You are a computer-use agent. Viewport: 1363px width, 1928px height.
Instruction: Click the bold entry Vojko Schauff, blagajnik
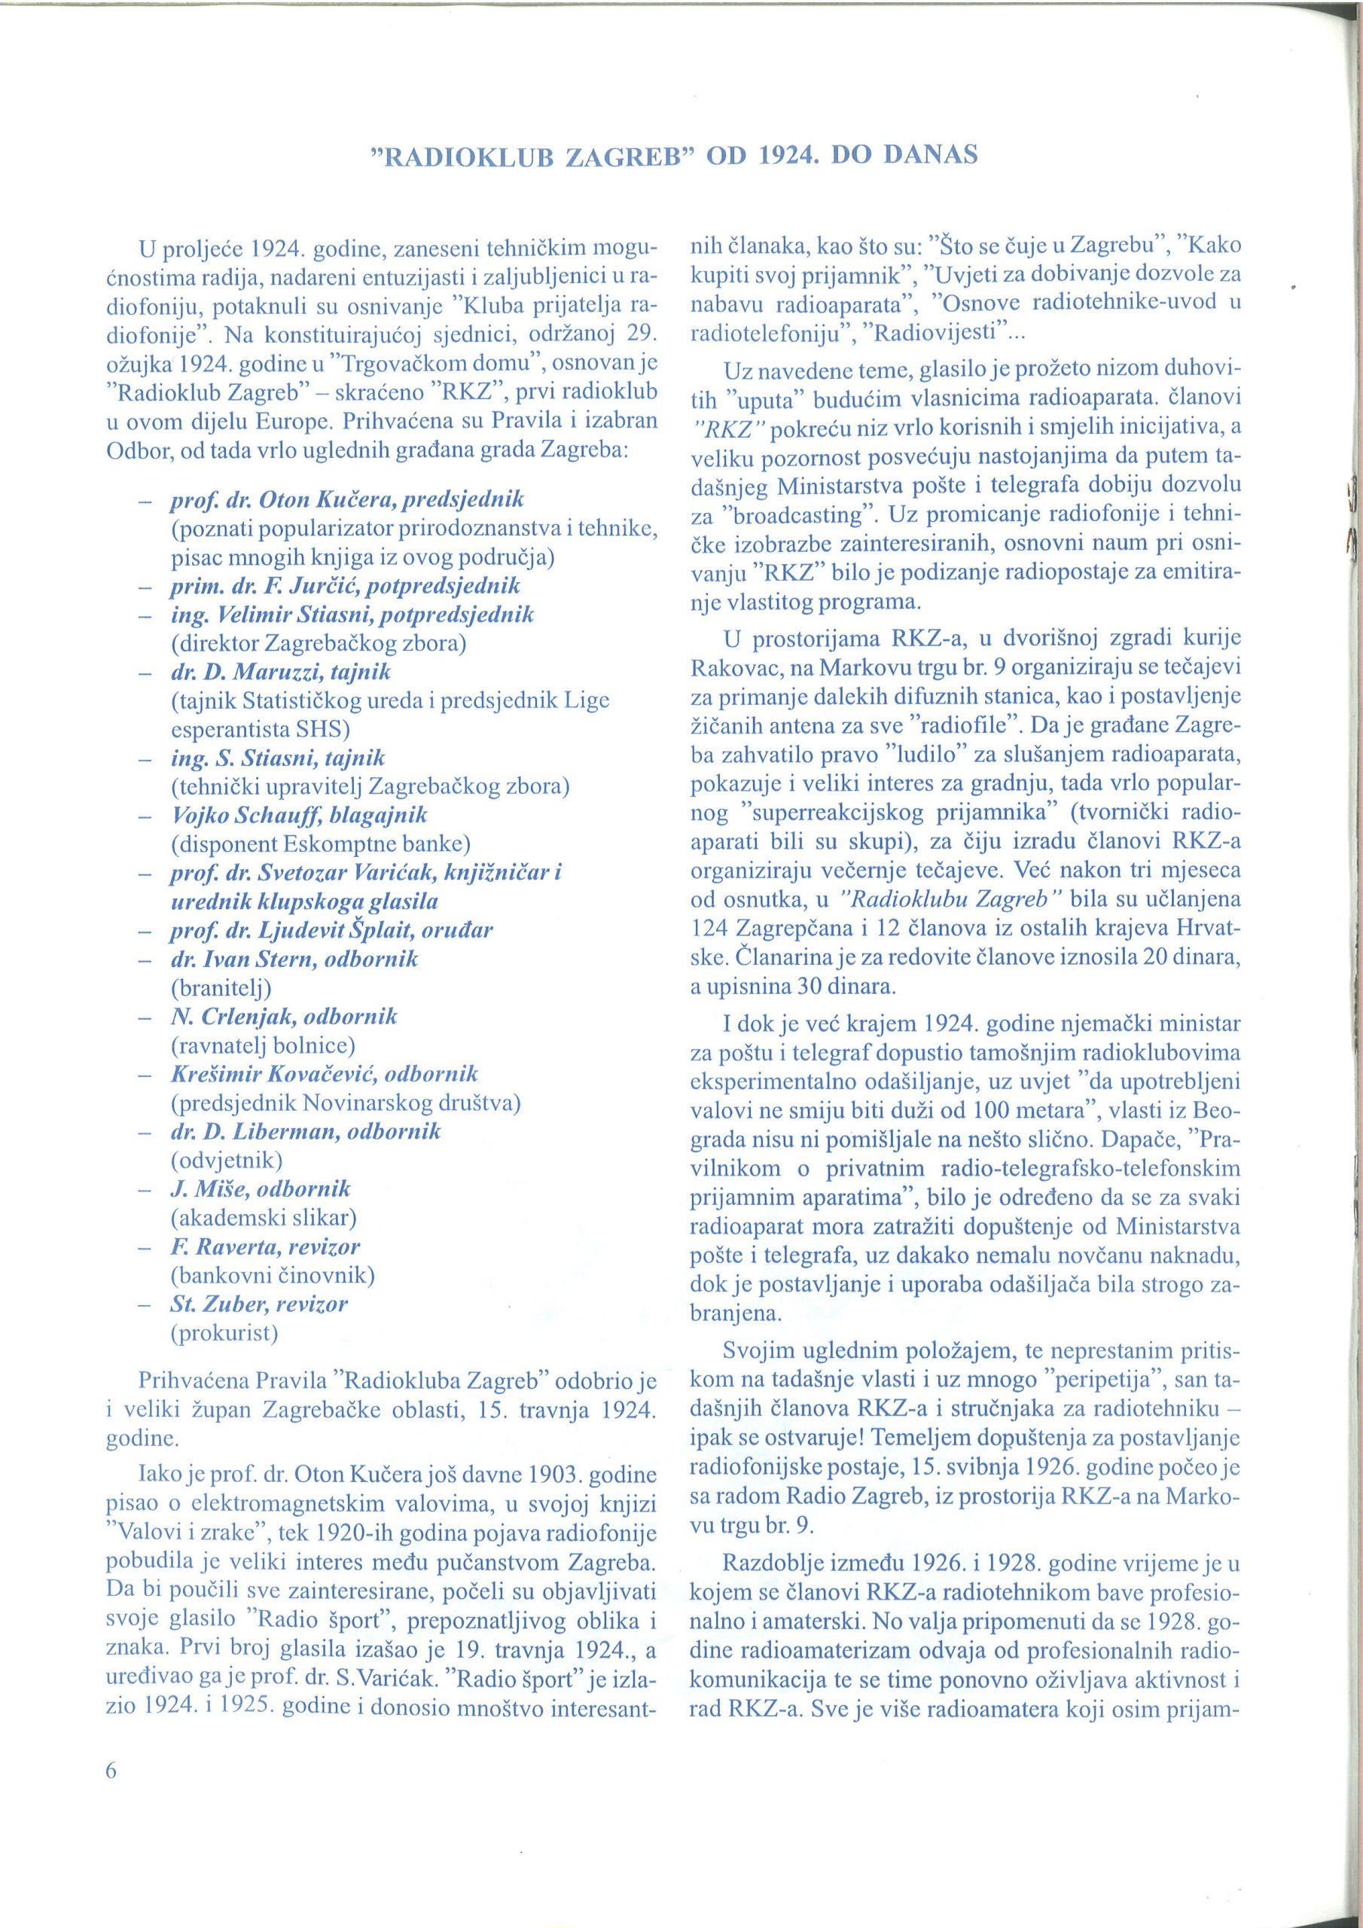(x=299, y=815)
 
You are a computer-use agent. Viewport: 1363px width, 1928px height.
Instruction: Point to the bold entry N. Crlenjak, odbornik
(x=284, y=1016)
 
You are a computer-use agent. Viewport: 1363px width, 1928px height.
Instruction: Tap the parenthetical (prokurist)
(x=224, y=1332)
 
